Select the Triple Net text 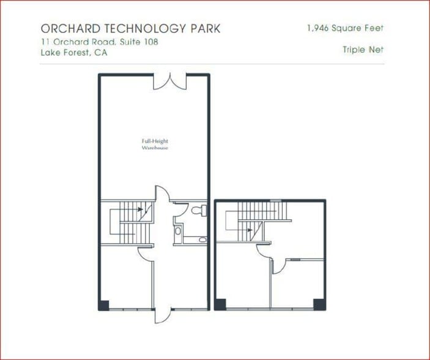pos(363,50)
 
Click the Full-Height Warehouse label pos(155,144)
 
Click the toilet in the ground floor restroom pos(197,211)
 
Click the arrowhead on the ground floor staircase pos(141,209)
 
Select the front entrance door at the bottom pos(161,314)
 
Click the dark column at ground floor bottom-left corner pos(104,304)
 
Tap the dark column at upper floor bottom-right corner pos(317,304)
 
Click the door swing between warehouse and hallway pos(160,194)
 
